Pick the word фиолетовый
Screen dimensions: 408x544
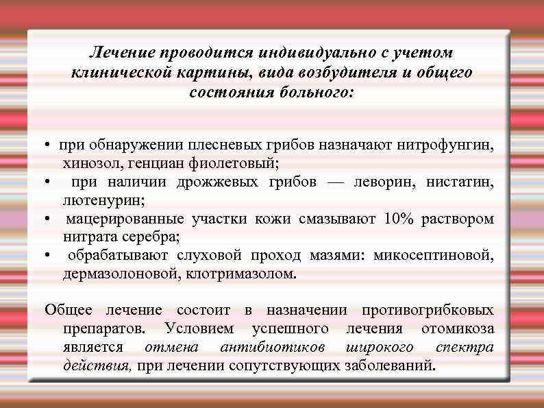235,164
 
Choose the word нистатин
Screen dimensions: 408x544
459,182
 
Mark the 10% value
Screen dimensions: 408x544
399,219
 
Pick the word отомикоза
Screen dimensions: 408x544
457,328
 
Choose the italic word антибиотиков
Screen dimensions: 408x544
273,347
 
